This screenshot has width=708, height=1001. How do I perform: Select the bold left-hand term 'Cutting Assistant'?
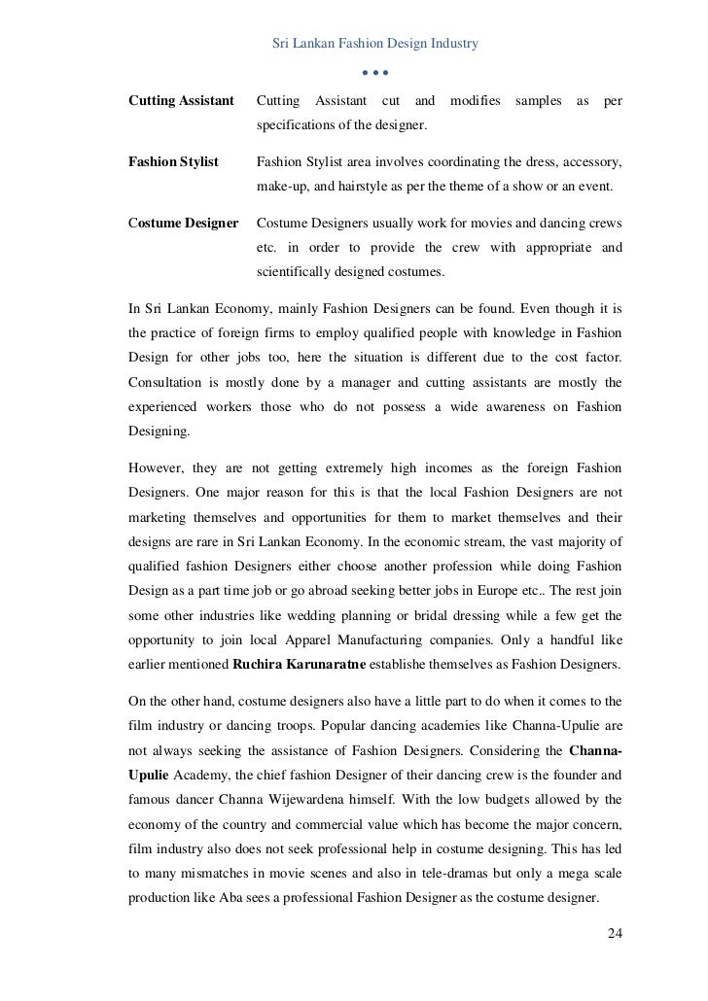pos(182,101)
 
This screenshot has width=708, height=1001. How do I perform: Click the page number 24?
pos(614,935)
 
